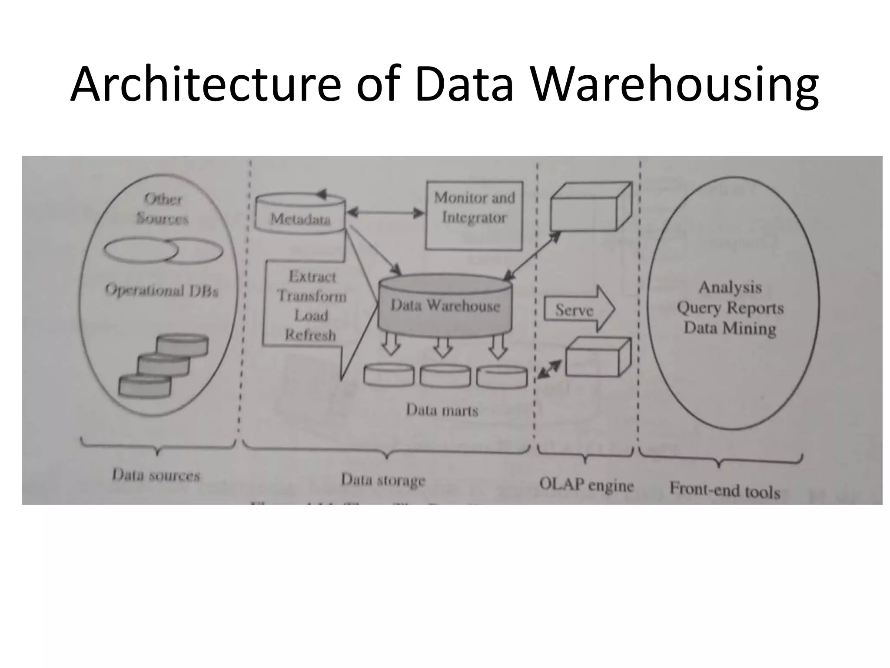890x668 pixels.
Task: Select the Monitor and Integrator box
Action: pyautogui.click(x=474, y=216)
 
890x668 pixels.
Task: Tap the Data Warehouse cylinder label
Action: pyautogui.click(x=445, y=306)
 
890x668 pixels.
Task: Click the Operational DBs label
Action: pyautogui.click(x=161, y=290)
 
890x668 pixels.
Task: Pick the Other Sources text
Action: pyautogui.click(x=162, y=209)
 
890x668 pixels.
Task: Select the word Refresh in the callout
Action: pyautogui.click(x=310, y=335)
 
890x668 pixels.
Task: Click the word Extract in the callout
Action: pyautogui.click(x=312, y=277)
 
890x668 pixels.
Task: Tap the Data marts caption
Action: pyautogui.click(x=442, y=410)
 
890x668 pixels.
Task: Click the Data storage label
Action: pyautogui.click(x=383, y=480)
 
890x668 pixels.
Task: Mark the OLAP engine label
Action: pyautogui.click(x=586, y=484)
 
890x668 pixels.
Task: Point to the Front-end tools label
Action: pyautogui.click(x=724, y=490)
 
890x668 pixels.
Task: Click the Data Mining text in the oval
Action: pyautogui.click(x=730, y=328)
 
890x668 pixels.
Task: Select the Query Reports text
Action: pyautogui.click(x=730, y=308)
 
